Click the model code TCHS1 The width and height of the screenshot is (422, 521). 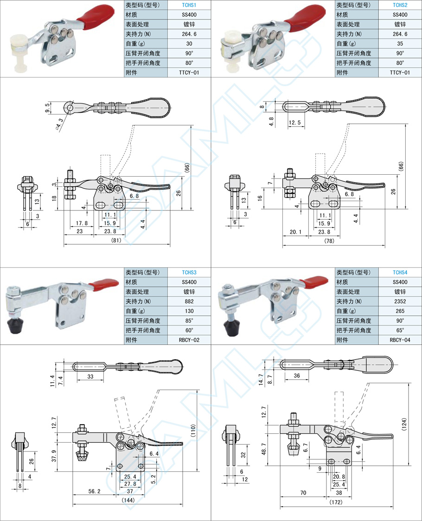pyautogui.click(x=189, y=5)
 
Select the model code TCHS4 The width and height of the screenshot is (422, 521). pyautogui.click(x=400, y=273)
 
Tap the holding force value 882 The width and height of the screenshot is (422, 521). pyautogui.click(x=189, y=301)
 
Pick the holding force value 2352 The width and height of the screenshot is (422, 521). pyautogui.click(x=400, y=301)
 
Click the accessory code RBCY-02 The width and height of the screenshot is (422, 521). pyautogui.click(x=189, y=340)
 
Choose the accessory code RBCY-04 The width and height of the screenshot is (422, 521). pyautogui.click(x=400, y=340)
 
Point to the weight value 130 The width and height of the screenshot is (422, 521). pyautogui.click(x=189, y=311)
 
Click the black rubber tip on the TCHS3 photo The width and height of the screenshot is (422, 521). pyautogui.click(x=16, y=326)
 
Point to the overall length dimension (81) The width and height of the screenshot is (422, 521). pyautogui.click(x=116, y=240)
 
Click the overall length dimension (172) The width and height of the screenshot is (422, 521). pyautogui.click(x=336, y=502)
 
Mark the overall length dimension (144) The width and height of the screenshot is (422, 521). pyautogui.click(x=128, y=500)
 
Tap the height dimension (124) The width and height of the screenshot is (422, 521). pyautogui.click(x=404, y=425)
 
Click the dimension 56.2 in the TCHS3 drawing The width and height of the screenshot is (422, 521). pyautogui.click(x=94, y=491)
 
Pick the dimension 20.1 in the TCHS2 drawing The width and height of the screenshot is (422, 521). pyautogui.click(x=295, y=232)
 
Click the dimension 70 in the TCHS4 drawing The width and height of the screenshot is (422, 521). pyautogui.click(x=303, y=493)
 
